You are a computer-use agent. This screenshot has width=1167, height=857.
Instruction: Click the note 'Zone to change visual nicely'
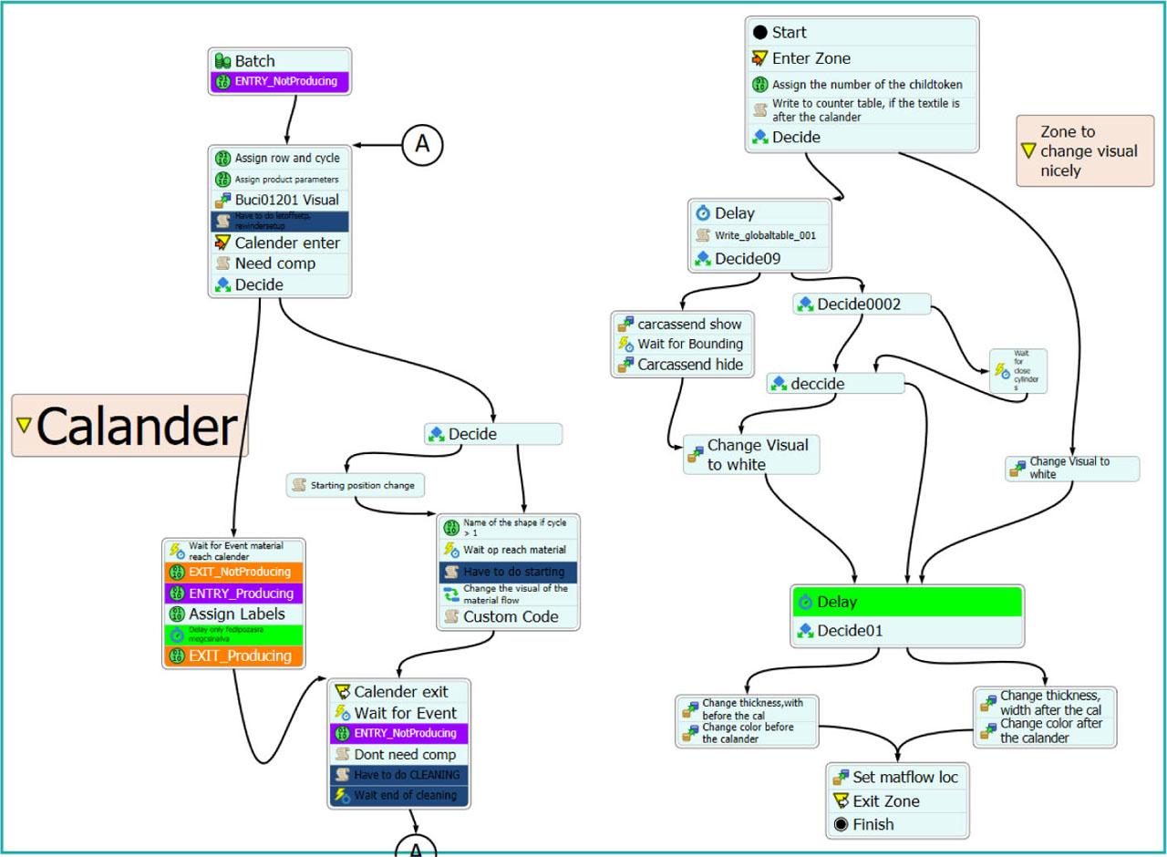tap(1085, 150)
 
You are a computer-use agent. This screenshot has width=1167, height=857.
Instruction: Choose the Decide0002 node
tap(861, 305)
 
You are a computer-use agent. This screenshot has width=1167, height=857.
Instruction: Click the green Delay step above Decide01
tap(906, 602)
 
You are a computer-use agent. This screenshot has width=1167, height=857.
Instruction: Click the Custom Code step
tap(509, 616)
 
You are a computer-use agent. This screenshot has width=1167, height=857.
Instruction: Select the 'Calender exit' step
tap(399, 692)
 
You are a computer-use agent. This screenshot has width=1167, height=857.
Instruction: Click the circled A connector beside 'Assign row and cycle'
tap(423, 144)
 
